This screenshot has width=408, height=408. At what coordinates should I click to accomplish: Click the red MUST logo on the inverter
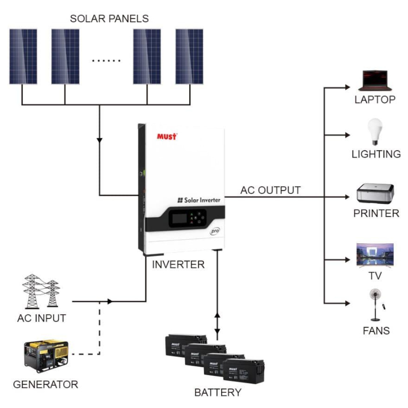point(167,136)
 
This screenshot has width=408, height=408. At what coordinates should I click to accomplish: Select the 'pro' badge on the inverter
point(215,231)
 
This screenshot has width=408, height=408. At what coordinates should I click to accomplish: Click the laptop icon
point(375,81)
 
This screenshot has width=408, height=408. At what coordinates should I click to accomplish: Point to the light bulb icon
point(375,131)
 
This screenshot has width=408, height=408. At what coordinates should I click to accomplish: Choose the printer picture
point(375,194)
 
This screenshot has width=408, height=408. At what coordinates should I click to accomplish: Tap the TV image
point(375,255)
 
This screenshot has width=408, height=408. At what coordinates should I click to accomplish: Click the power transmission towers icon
point(41,291)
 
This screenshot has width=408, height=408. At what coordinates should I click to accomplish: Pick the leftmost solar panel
point(23,57)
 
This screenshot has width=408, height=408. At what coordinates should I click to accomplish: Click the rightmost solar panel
point(189,57)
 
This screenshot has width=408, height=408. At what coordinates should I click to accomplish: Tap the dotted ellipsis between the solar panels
point(106,61)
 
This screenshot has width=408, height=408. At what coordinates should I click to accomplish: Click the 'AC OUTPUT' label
point(270,190)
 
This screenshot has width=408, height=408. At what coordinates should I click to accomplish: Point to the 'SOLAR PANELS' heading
point(109,19)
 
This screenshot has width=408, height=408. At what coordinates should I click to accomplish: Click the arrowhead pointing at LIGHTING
point(347,135)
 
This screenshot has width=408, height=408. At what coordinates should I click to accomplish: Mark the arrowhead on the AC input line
point(110,301)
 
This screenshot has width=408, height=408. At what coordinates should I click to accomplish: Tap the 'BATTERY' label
point(218,393)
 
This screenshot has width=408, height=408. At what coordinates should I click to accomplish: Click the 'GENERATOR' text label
point(45,384)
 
